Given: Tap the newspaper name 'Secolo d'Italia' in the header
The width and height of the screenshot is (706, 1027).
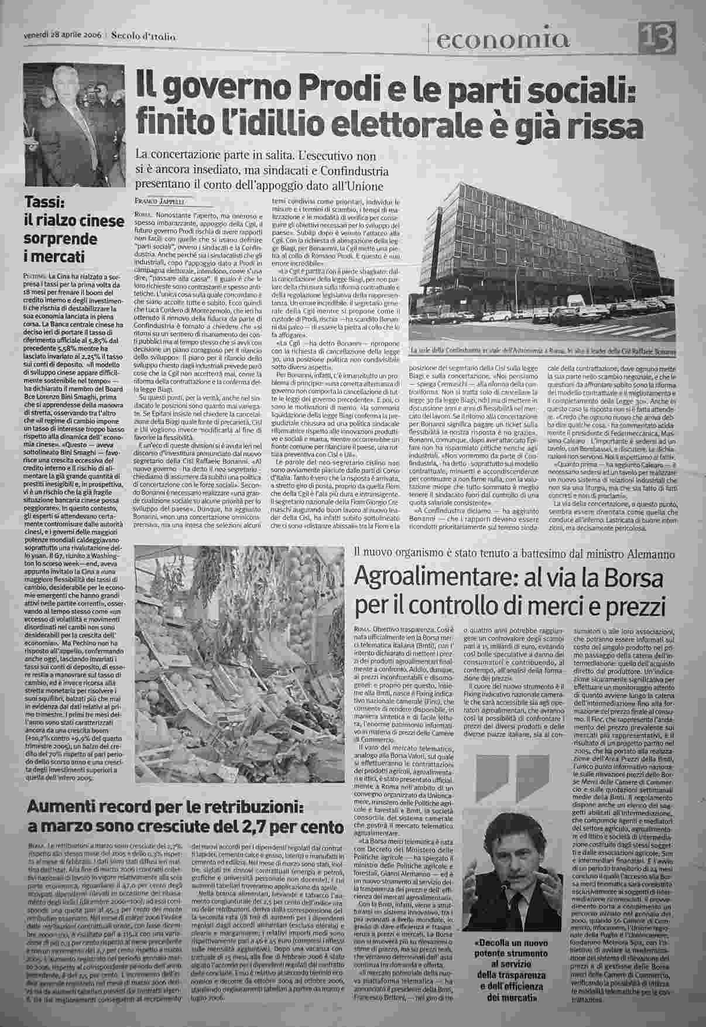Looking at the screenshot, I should point(144,36).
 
